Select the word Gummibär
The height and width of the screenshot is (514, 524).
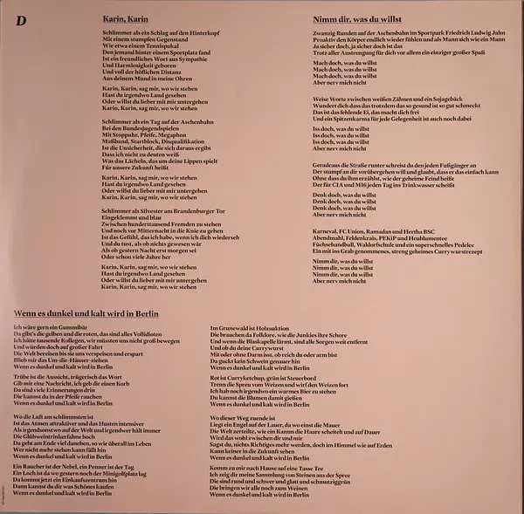(66, 326)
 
